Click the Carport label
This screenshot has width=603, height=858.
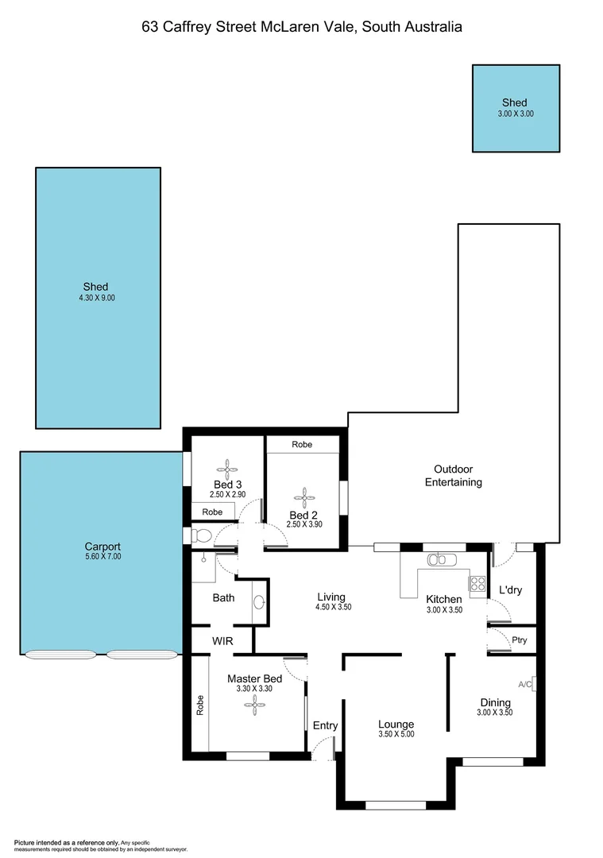pyautogui.click(x=102, y=547)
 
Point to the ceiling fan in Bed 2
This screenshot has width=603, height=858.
pyautogui.click(x=303, y=499)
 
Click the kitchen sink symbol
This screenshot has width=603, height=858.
pyautogui.click(x=439, y=559)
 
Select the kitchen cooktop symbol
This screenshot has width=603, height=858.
pyautogui.click(x=477, y=584)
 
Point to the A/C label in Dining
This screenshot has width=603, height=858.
pyautogui.click(x=524, y=684)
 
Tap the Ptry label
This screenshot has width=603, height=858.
pyautogui.click(x=520, y=640)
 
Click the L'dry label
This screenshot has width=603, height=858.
pyautogui.click(x=510, y=590)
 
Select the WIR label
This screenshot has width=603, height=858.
pyautogui.click(x=222, y=640)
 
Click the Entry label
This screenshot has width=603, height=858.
pyautogui.click(x=325, y=725)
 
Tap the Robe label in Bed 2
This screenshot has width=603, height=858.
pyautogui.click(x=302, y=445)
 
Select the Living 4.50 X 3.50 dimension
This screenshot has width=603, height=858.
pyautogui.click(x=332, y=607)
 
